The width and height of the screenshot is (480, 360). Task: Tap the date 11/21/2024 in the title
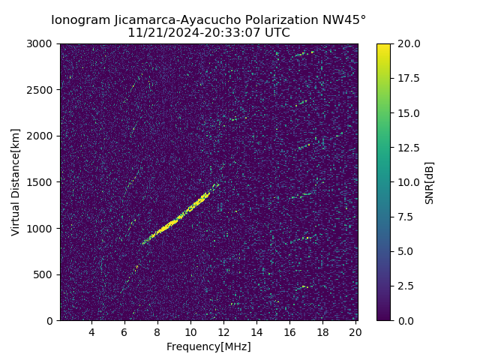click(x=158, y=33)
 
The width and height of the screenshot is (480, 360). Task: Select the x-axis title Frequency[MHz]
click(x=208, y=346)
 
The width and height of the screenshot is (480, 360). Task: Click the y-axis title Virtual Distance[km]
click(x=16, y=182)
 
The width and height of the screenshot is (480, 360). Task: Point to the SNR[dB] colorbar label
click(x=430, y=182)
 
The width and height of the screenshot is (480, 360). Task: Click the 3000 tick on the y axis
click(x=42, y=43)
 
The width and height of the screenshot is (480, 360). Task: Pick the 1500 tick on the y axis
click(x=42, y=182)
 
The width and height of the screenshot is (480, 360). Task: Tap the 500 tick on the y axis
click(x=45, y=274)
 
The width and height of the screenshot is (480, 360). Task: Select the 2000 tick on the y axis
click(x=42, y=136)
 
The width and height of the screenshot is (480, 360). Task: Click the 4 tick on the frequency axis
click(x=91, y=332)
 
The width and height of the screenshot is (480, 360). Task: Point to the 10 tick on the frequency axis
click(x=190, y=332)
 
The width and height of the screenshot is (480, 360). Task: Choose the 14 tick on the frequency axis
click(x=256, y=332)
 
